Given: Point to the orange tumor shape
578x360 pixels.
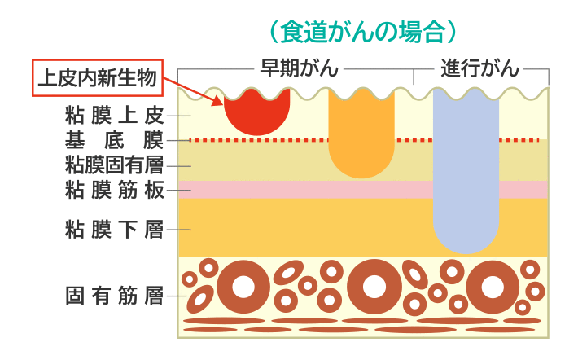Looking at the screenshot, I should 361,134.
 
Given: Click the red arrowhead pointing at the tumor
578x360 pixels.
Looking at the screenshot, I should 217,102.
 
